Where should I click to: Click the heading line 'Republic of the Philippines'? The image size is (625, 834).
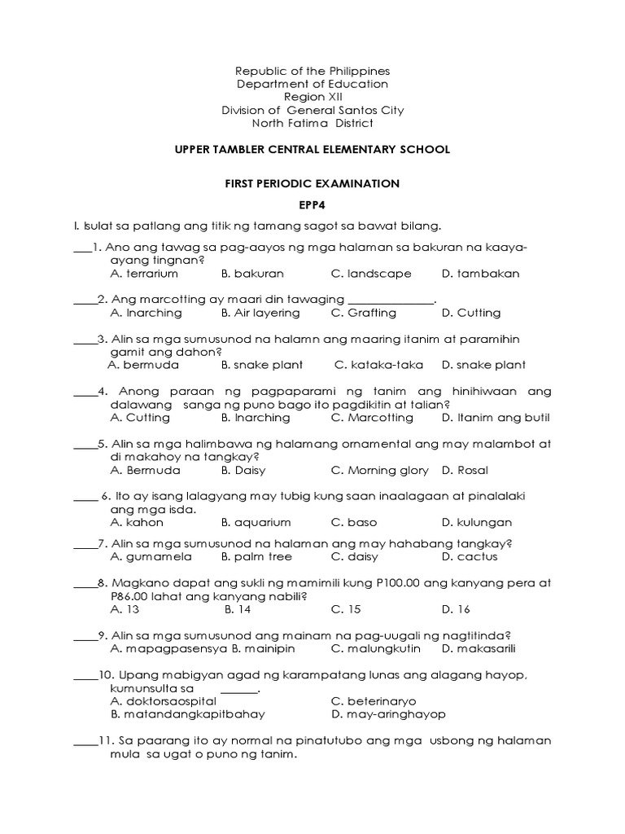[x=312, y=71]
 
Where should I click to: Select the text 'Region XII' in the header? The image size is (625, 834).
[x=312, y=97]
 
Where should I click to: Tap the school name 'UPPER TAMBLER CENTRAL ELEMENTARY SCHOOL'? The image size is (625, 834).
[x=312, y=150]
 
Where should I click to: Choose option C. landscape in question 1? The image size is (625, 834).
[x=371, y=274]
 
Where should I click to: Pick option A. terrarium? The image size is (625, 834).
[x=144, y=274]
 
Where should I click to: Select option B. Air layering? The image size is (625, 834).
[x=260, y=313]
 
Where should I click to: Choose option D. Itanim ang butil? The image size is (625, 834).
[x=496, y=418]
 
